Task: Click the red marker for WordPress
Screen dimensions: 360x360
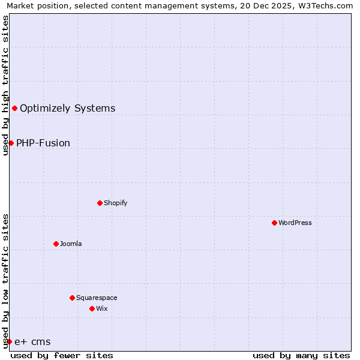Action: (274, 223)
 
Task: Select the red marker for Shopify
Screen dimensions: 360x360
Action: (100, 203)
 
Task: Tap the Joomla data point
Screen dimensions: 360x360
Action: (56, 244)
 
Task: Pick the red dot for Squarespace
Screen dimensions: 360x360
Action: (72, 298)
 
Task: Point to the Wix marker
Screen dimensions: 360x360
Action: (92, 308)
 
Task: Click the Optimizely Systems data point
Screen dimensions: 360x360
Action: (14, 108)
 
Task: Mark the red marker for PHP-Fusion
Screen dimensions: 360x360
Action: (11, 143)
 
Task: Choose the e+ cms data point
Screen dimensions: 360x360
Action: (9, 341)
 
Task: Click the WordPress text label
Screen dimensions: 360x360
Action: (295, 223)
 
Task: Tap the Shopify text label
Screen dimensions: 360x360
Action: (116, 203)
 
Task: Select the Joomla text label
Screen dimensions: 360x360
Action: (71, 244)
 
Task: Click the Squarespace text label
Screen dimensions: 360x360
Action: (97, 298)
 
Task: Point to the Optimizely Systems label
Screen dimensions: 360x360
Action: (67, 109)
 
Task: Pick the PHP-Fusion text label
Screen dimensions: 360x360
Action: (43, 143)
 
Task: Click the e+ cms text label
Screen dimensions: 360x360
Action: (32, 342)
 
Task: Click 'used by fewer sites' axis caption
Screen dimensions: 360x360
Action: (62, 355)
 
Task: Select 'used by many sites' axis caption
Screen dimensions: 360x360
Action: (301, 355)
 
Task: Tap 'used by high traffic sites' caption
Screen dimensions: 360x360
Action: (5, 85)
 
